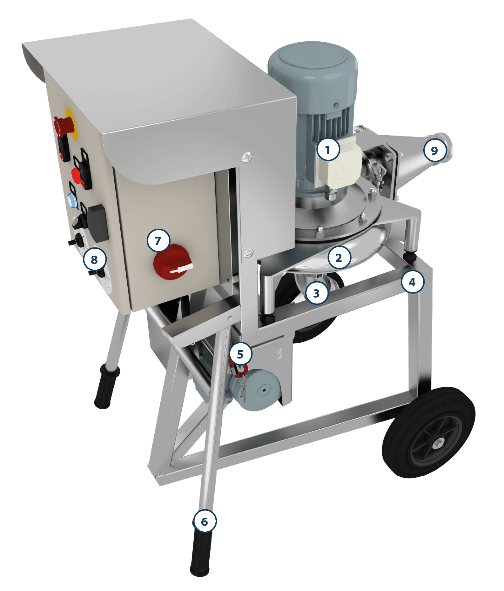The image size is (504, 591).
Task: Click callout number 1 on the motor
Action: pyautogui.click(x=328, y=149)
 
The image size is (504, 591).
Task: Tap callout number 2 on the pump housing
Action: pyautogui.click(x=339, y=258)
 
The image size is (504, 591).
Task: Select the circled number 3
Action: pyautogui.click(x=317, y=293)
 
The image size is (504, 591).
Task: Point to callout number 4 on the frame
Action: pyautogui.click(x=412, y=282)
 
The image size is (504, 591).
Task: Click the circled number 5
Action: pyautogui.click(x=240, y=354)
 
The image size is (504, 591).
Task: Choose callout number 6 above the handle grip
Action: pyautogui.click(x=205, y=521)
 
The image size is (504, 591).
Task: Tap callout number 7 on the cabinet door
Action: pyautogui.click(x=158, y=241)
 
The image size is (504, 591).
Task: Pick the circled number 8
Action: pyautogui.click(x=95, y=259)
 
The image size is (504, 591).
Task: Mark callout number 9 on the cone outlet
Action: pyautogui.click(x=435, y=150)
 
